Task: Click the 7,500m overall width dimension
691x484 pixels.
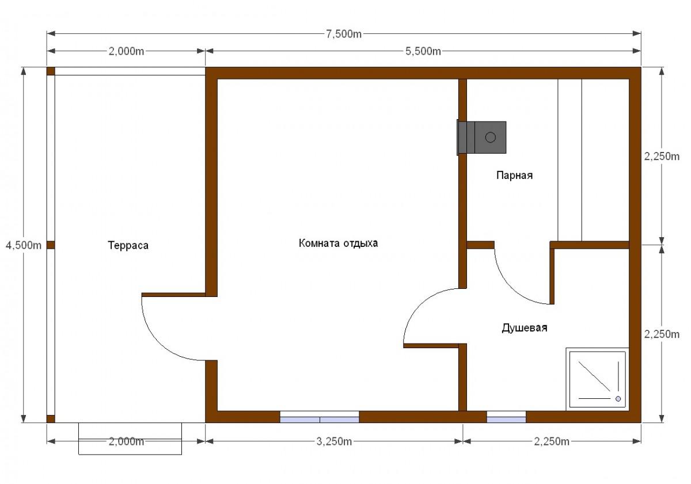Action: pyautogui.click(x=344, y=34)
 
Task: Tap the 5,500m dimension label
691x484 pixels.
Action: pyautogui.click(x=423, y=51)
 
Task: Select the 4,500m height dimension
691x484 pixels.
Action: pyautogui.click(x=24, y=245)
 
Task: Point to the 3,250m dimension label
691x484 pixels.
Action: pyautogui.click(x=334, y=441)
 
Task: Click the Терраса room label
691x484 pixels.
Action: pyautogui.click(x=128, y=245)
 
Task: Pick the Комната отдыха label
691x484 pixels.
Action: pyautogui.click(x=338, y=243)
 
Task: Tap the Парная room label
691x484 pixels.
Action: pyautogui.click(x=514, y=176)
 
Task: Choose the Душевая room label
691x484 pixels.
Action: pyautogui.click(x=525, y=327)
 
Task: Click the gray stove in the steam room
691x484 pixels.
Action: pyautogui.click(x=482, y=138)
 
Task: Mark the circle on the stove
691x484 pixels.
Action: pyautogui.click(x=491, y=137)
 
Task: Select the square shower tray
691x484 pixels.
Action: pyautogui.click(x=597, y=379)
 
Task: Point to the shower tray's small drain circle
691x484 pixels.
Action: pyautogui.click(x=618, y=399)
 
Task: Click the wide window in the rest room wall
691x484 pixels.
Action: pyautogui.click(x=320, y=417)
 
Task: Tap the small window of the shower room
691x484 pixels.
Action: pyautogui.click(x=506, y=417)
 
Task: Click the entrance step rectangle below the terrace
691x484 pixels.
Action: pyautogui.click(x=130, y=439)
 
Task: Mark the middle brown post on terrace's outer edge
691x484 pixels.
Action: pyautogui.click(x=51, y=245)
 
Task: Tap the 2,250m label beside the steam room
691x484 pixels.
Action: pyautogui.click(x=662, y=157)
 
